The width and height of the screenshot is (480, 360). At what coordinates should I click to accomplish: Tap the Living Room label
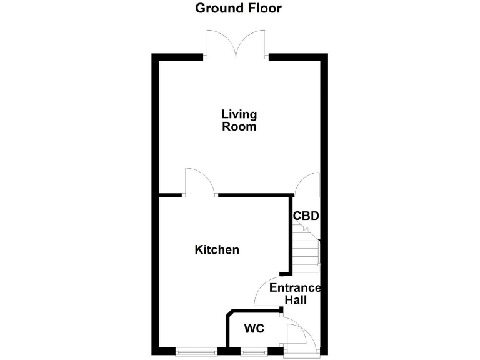pos(239,120)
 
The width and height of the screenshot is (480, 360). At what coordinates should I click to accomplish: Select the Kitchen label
pos(217,250)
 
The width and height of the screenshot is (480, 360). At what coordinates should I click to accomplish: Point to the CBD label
pos(306,216)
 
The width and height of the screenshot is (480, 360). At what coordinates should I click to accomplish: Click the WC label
pos(253,328)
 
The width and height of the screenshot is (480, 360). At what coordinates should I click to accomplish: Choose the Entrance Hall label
pos(295,294)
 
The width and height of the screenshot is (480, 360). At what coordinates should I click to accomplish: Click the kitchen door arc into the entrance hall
pos(266,291)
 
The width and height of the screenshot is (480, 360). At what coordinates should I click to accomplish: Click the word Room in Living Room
pos(239,126)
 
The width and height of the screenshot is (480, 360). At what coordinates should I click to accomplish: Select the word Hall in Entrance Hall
pos(296,300)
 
